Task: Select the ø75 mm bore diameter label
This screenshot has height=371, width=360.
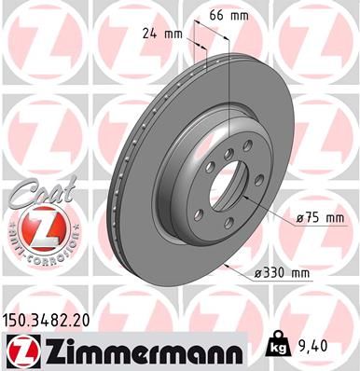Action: [319, 218]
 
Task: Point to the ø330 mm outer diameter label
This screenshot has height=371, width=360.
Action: [283, 272]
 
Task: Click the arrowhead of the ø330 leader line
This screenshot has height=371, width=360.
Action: [228, 265]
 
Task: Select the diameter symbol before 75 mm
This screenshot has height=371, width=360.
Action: [300, 218]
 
